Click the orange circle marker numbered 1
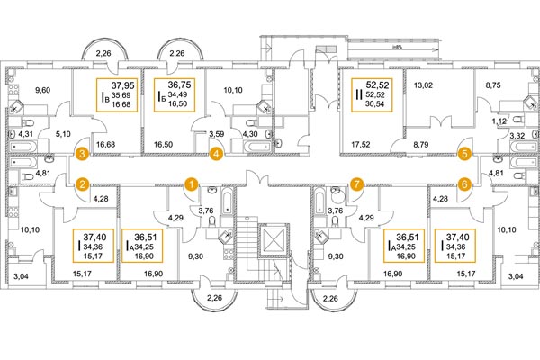coord(192,184)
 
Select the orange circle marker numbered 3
coord(81,154)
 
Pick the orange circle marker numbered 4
coord(216,154)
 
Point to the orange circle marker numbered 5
coord(464,154)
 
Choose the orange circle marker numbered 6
coord(464,184)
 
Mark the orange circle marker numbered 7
coord(356,184)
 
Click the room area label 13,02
coord(422,86)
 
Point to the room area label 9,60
coord(43,91)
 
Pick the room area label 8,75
coord(494,88)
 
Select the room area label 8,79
coord(424,144)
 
